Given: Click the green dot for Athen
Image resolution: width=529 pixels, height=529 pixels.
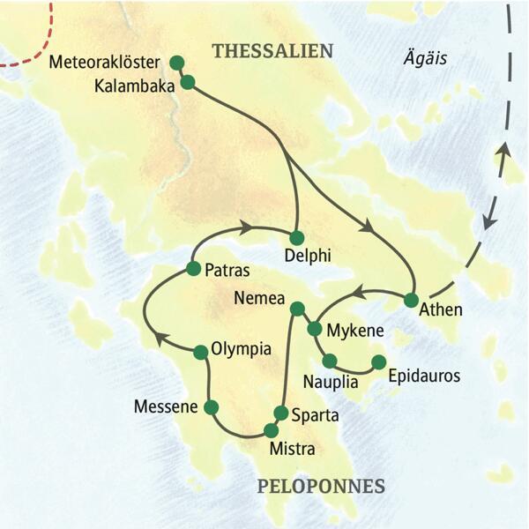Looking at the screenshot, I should pyautogui.click(x=411, y=300).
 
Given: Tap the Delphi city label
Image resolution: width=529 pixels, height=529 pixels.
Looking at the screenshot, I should pyautogui.click(x=308, y=257).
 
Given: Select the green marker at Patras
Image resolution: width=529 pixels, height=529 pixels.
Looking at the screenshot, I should pyautogui.click(x=193, y=267).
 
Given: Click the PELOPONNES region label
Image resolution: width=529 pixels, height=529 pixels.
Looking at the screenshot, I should pyautogui.click(x=321, y=486).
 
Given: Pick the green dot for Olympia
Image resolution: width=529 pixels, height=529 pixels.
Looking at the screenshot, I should pyautogui.click(x=201, y=352).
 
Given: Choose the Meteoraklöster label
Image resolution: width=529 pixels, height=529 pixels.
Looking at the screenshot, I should pyautogui.click(x=104, y=63).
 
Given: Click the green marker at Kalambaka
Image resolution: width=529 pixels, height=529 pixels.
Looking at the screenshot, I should pyautogui.click(x=187, y=82).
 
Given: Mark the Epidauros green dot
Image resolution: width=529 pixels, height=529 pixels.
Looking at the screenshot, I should pyautogui.click(x=378, y=361).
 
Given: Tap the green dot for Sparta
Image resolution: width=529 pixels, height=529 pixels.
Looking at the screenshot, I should pyautogui.click(x=281, y=413).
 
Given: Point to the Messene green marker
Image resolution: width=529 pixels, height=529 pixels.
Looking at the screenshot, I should pyautogui.click(x=211, y=406).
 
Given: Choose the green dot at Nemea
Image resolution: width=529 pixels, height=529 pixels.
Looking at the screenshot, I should pyautogui.click(x=297, y=308).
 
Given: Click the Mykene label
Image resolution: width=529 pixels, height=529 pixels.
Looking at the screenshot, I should pyautogui.click(x=354, y=332).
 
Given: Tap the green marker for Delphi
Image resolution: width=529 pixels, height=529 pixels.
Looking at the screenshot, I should pyautogui.click(x=296, y=236).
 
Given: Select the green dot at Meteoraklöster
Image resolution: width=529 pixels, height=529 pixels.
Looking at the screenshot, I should pyautogui.click(x=176, y=63).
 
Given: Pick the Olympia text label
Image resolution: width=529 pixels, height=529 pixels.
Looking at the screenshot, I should pyautogui.click(x=242, y=348).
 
